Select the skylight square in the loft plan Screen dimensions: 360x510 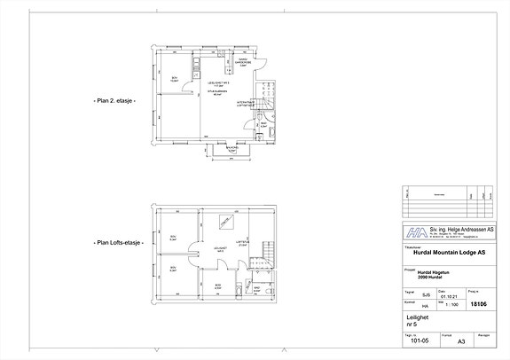coord(228,221)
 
